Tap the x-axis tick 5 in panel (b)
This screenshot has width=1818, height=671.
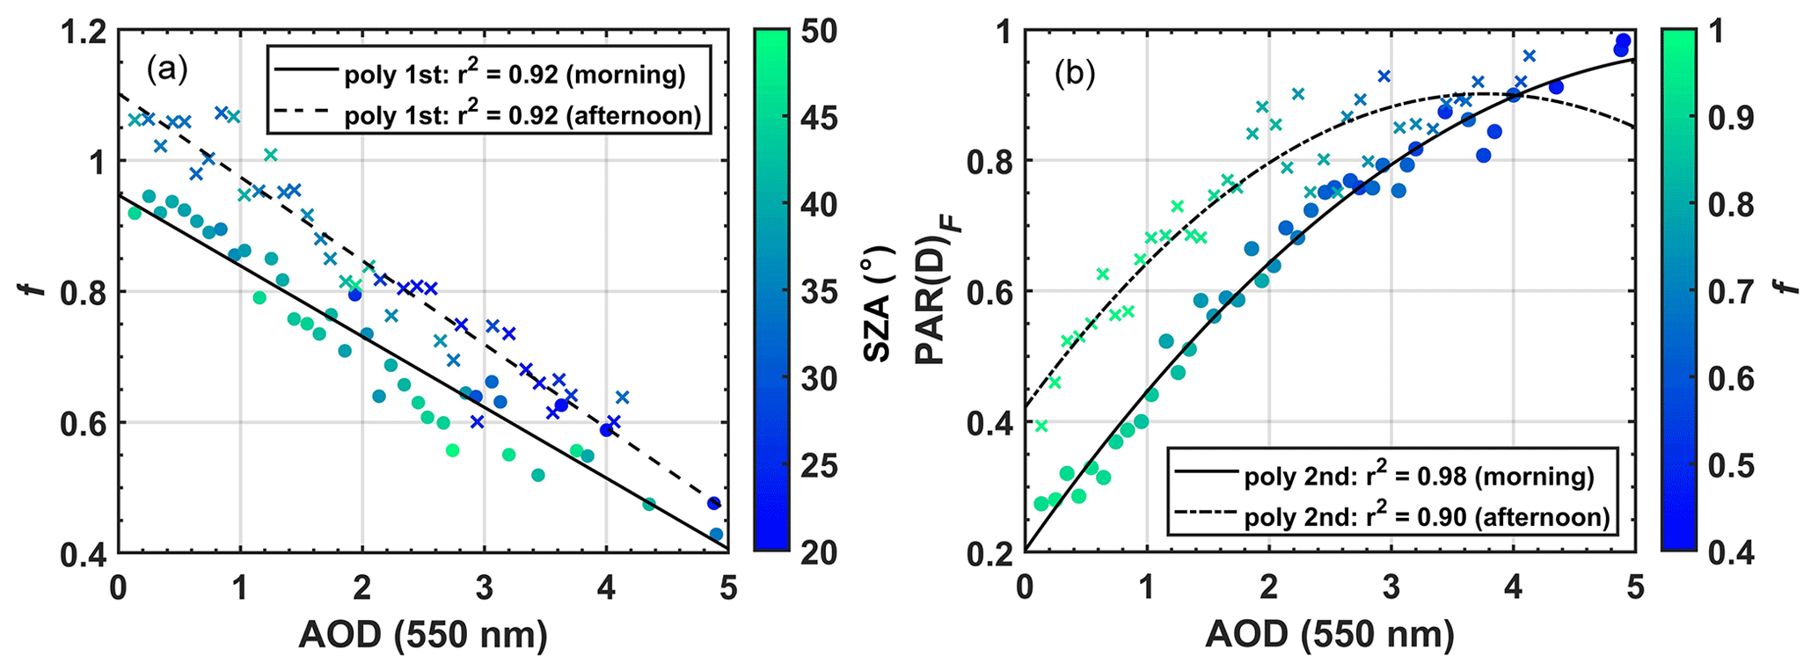(x=1634, y=587)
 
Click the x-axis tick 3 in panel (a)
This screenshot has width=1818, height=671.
(x=485, y=587)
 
